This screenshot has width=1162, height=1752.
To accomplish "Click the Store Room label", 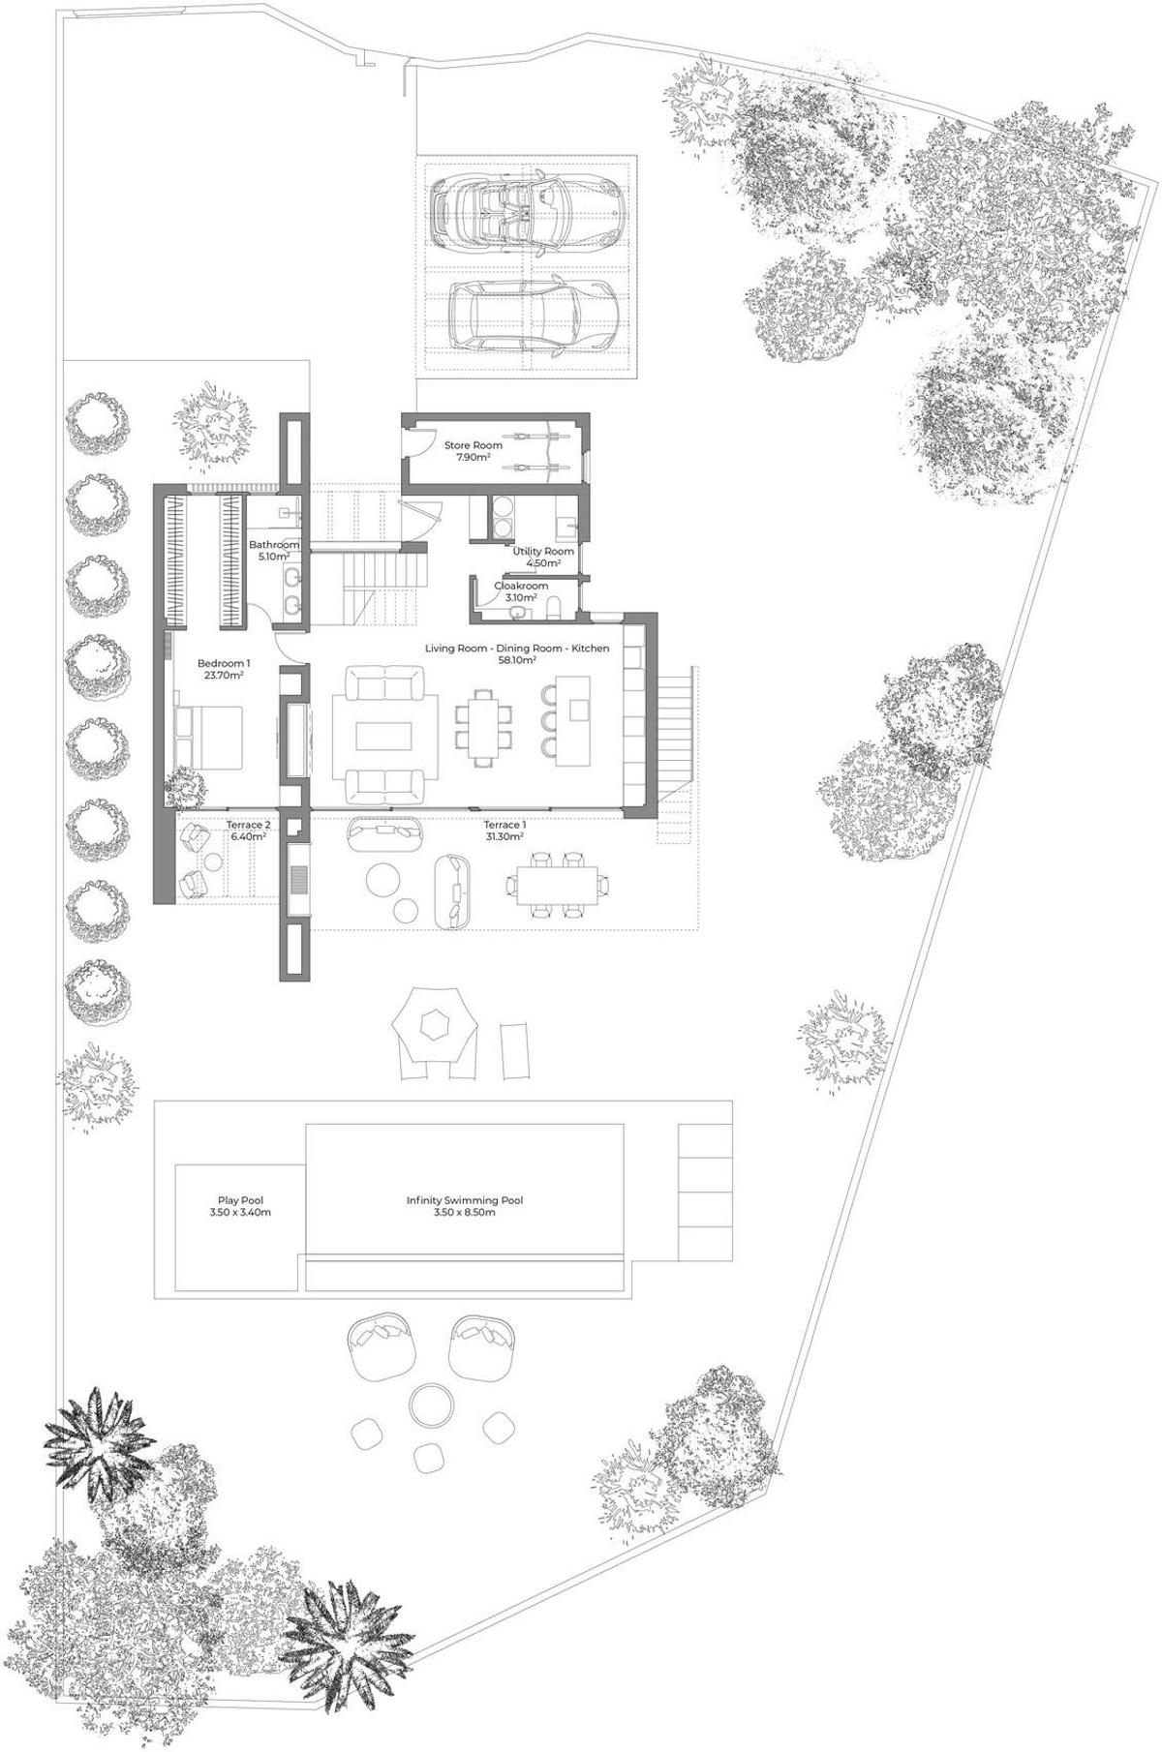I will pyautogui.click(x=474, y=445).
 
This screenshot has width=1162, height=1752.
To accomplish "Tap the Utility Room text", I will pyautogui.click(x=550, y=551).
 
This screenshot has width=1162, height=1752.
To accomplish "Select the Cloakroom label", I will pyautogui.click(x=521, y=586).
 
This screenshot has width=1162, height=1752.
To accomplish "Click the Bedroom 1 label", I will pyautogui.click(x=224, y=663).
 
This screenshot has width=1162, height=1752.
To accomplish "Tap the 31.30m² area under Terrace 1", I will pyautogui.click(x=505, y=836).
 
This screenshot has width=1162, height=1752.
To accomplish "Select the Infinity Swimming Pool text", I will pyautogui.click(x=465, y=1200).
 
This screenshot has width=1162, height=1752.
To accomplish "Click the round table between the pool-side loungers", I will pyautogui.click(x=429, y=1402).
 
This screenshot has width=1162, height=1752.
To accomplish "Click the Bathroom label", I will pyautogui.click(x=274, y=545).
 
